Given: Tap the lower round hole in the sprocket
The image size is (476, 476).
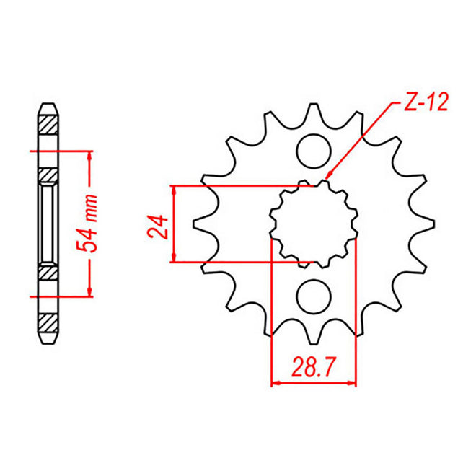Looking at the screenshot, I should pyautogui.click(x=314, y=295).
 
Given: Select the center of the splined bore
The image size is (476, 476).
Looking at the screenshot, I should pyautogui.click(x=314, y=224).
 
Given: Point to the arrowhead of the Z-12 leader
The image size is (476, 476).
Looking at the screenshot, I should pyautogui.click(x=328, y=175).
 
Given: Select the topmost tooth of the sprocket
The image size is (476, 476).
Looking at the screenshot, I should pyautogui.click(x=315, y=108).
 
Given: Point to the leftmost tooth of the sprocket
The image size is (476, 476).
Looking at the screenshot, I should pyautogui.click(x=200, y=224).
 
